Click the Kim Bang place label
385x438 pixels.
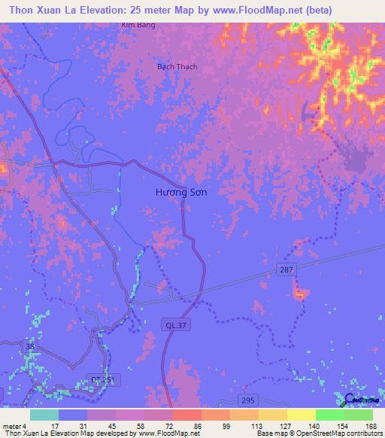[x=135, y=25]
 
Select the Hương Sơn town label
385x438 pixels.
[x=181, y=192]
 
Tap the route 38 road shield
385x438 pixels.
[x=29, y=346]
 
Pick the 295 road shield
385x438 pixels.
[x=248, y=399]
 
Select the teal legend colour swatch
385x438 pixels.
[x=44, y=415]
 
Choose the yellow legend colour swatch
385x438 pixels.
[x=302, y=415]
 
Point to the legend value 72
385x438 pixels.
[x=171, y=426]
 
